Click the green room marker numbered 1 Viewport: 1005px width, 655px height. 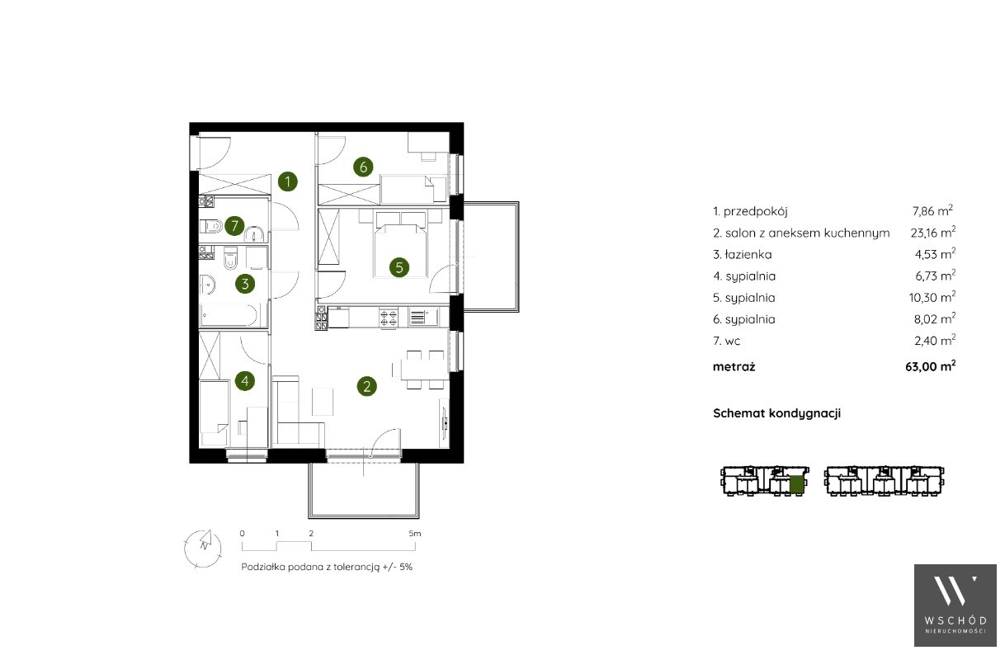[288, 181]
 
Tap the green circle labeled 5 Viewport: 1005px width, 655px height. [399, 267]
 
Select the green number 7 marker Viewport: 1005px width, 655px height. [234, 226]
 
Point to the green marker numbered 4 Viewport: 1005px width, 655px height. [245, 381]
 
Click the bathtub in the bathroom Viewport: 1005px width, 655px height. [229, 315]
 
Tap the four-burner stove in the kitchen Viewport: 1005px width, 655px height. [389, 318]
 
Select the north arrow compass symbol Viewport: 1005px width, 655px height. [203, 549]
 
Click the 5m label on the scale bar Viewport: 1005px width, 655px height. [414, 534]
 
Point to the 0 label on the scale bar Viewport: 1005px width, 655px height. [243, 534]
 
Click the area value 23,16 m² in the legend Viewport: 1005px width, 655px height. [932, 233]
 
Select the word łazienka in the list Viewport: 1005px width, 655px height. [749, 254]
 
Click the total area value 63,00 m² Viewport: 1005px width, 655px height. [931, 366]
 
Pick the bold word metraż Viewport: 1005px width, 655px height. [734, 366]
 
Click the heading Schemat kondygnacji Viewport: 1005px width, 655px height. [776, 413]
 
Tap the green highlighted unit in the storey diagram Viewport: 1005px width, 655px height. [796, 485]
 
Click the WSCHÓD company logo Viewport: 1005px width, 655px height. [955, 606]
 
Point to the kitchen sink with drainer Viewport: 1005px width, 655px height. [422, 317]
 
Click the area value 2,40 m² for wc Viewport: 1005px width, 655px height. [935, 341]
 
